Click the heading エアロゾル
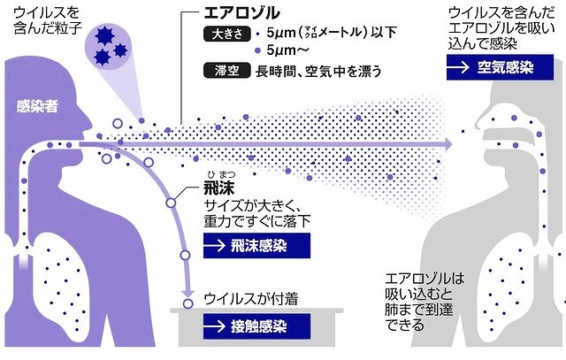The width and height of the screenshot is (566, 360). pos(241,13)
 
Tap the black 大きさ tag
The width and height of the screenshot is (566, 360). pos(227,34)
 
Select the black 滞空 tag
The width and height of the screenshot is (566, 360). pos(227,71)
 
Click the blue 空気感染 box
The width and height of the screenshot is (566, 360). pos(500,67)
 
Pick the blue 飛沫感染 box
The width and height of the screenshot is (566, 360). pos(256,246)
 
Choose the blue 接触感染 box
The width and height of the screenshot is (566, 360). pos(256,326)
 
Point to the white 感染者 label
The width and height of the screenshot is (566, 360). pos(37,106)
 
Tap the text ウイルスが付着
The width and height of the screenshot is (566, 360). pos(251,299)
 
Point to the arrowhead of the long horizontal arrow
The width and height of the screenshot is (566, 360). pos(448,144)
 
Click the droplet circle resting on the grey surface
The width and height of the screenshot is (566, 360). pos(187,303)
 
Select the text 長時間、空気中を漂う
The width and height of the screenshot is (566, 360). pos(318,71)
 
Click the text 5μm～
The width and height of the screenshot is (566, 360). pos(287,50)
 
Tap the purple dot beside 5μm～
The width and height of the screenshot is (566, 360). pos(257,50)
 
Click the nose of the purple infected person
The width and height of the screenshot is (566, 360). pos(88,121)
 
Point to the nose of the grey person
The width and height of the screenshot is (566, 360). pos(478,122)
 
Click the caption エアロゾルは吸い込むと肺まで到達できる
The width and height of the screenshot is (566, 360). pos(424,302)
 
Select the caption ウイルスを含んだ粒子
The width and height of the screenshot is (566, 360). pos(48,20)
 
